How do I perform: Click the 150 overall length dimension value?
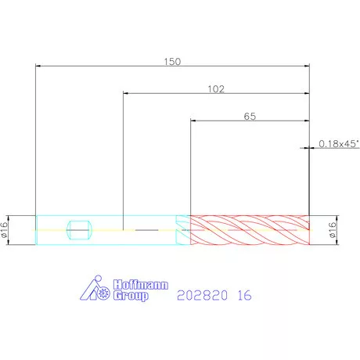point(172,62)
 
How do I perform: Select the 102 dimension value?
point(216,89)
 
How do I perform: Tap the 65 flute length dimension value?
point(250,117)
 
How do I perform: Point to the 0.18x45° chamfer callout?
point(339,144)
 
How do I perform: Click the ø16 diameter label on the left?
point(4,230)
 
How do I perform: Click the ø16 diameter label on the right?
point(333,230)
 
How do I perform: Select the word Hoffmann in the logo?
point(141,285)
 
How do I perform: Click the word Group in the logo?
point(131,296)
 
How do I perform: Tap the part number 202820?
point(202,295)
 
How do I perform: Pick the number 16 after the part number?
point(245,295)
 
